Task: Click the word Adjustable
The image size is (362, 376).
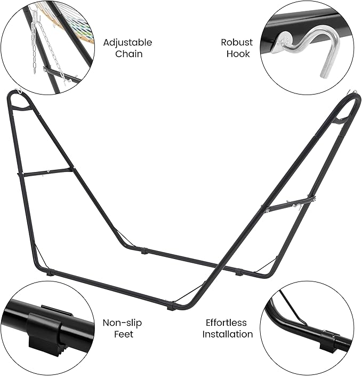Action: tap(127, 43)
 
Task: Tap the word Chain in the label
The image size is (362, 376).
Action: tap(129, 54)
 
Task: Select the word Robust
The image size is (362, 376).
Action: tap(237, 42)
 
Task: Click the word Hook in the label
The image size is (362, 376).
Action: tap(238, 54)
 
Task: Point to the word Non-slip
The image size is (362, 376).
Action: tap(122, 323)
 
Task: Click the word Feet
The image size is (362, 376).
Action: tap(123, 334)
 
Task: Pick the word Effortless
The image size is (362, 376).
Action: tap(226, 323)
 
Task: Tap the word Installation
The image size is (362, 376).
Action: tap(228, 334)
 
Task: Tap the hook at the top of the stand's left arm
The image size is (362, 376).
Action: tap(19, 91)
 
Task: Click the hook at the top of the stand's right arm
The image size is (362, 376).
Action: tap(351, 92)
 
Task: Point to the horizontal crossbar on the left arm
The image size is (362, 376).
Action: tap(45, 172)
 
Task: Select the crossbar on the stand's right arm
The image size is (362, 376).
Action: tap(289, 205)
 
